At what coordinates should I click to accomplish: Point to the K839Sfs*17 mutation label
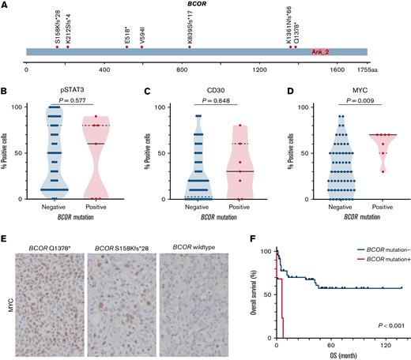190,29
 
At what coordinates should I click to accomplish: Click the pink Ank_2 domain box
321,53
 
